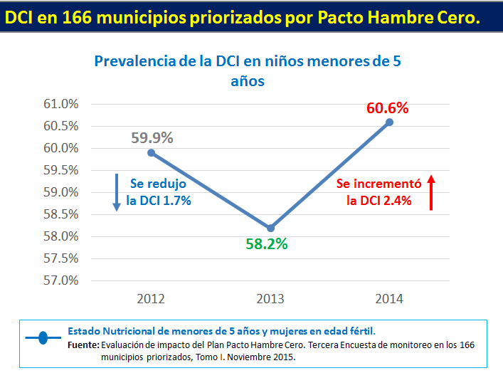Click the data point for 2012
click(x=151, y=152)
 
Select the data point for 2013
click(x=270, y=228)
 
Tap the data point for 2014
click(x=389, y=122)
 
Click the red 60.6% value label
click(x=388, y=108)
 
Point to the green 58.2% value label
click(x=266, y=244)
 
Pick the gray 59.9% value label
click(x=152, y=138)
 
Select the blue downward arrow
click(x=115, y=192)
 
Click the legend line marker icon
click(x=43, y=338)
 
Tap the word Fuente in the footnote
click(x=83, y=345)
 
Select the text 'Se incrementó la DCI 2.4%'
click(x=379, y=191)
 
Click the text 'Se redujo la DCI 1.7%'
click(x=158, y=191)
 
